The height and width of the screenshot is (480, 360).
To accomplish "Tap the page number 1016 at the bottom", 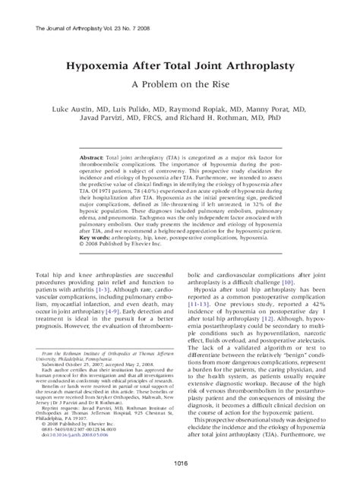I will coord(179,463).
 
